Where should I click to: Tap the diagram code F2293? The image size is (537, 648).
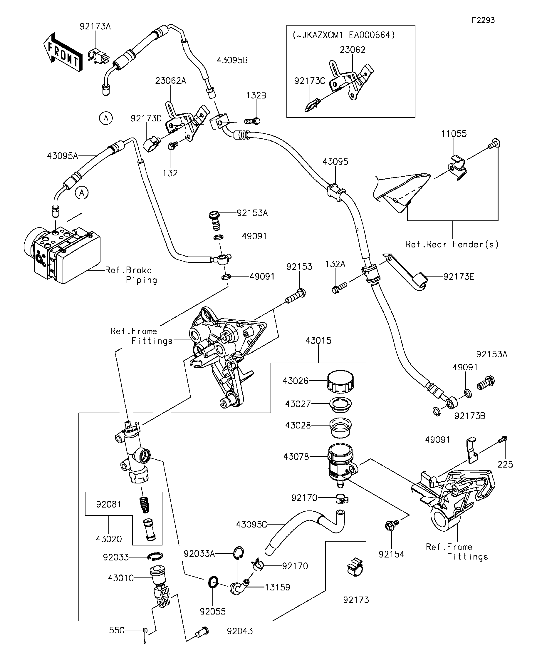483,20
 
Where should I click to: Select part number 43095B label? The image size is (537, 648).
232,60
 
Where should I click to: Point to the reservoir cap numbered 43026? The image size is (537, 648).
340,381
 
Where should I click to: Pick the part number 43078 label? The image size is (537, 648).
296,456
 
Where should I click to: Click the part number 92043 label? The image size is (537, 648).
240,631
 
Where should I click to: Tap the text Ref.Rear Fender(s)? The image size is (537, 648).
452,245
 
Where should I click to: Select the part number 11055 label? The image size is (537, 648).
454,134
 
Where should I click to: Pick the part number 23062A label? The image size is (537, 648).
171,81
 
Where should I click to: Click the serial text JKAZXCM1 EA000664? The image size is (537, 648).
344,35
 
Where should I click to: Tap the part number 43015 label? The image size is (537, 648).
318,341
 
